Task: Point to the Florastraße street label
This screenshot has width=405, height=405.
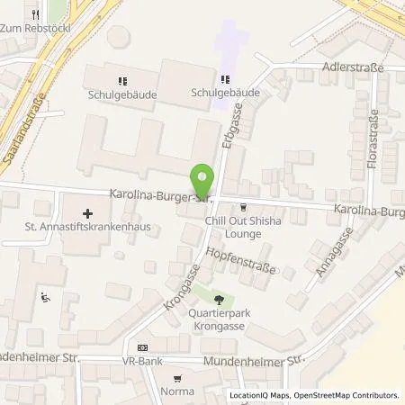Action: pos(371,139)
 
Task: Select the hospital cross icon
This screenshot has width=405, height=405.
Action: pos(87,213)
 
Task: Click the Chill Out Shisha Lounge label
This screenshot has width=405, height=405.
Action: pos(238,228)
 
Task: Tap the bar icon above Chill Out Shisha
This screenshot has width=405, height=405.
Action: pos(241,208)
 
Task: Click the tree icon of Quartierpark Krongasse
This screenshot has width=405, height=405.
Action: pos(219,298)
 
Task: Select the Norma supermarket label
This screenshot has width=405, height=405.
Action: pos(178,392)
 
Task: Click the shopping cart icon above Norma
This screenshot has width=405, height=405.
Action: pos(178,379)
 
